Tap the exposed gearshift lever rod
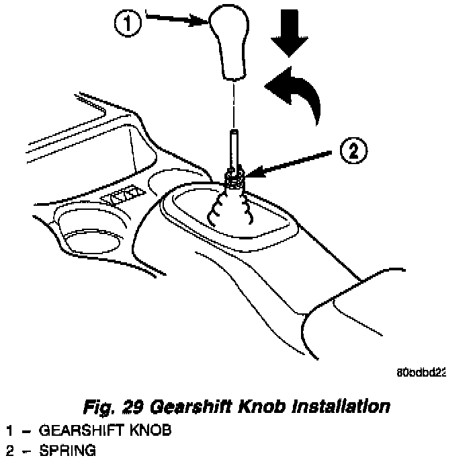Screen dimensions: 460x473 (x=232, y=148)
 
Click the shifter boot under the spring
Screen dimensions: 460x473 (x=231, y=204)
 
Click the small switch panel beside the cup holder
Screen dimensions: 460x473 (x=123, y=197)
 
